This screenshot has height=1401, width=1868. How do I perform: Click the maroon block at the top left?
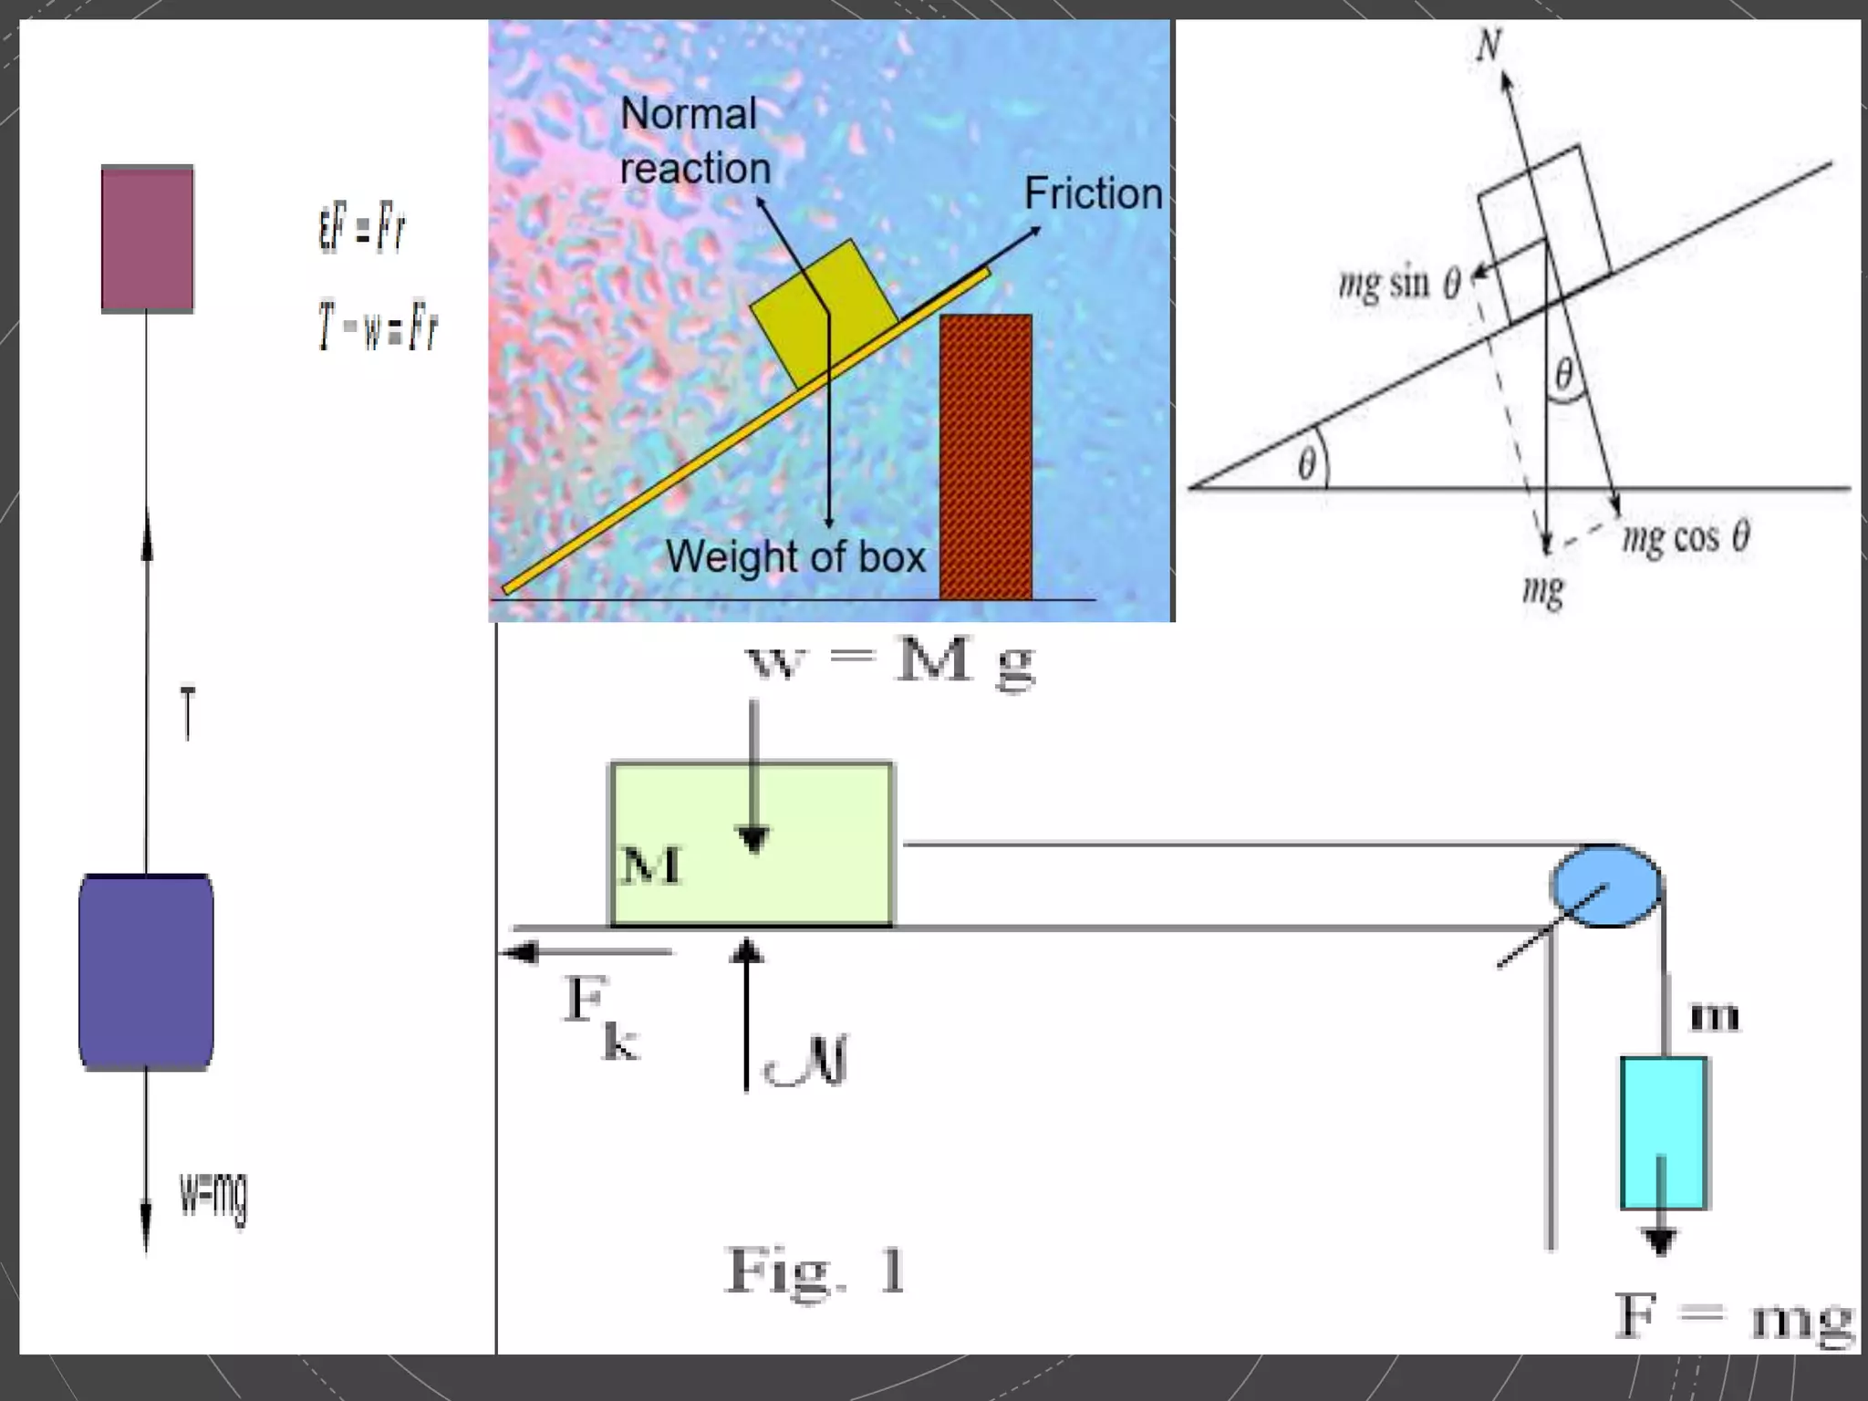pos(147,239)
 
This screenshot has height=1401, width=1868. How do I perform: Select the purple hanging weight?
pos(146,971)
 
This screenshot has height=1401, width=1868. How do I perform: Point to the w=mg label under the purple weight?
pos(213,1196)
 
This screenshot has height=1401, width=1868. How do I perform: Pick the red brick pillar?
pos(985,456)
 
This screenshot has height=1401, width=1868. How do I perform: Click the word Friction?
pos(1093,193)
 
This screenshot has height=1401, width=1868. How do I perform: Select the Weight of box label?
pos(795,556)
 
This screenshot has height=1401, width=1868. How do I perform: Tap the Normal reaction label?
pos(694,141)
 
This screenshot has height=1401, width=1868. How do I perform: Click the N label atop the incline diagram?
pos(1489,44)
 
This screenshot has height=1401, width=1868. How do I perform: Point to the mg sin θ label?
pos(1398,283)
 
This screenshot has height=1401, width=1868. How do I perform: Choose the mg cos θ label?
pos(1686,537)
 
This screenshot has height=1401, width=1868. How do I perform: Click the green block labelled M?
pos(751,844)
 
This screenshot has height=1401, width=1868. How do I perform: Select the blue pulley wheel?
pos(1606,886)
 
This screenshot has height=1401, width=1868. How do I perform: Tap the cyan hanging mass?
pos(1663,1132)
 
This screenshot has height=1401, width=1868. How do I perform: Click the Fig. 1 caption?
pos(815,1271)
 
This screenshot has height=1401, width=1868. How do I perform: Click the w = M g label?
pos(890,662)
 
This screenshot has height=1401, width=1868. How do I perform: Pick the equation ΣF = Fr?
pos(361,228)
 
